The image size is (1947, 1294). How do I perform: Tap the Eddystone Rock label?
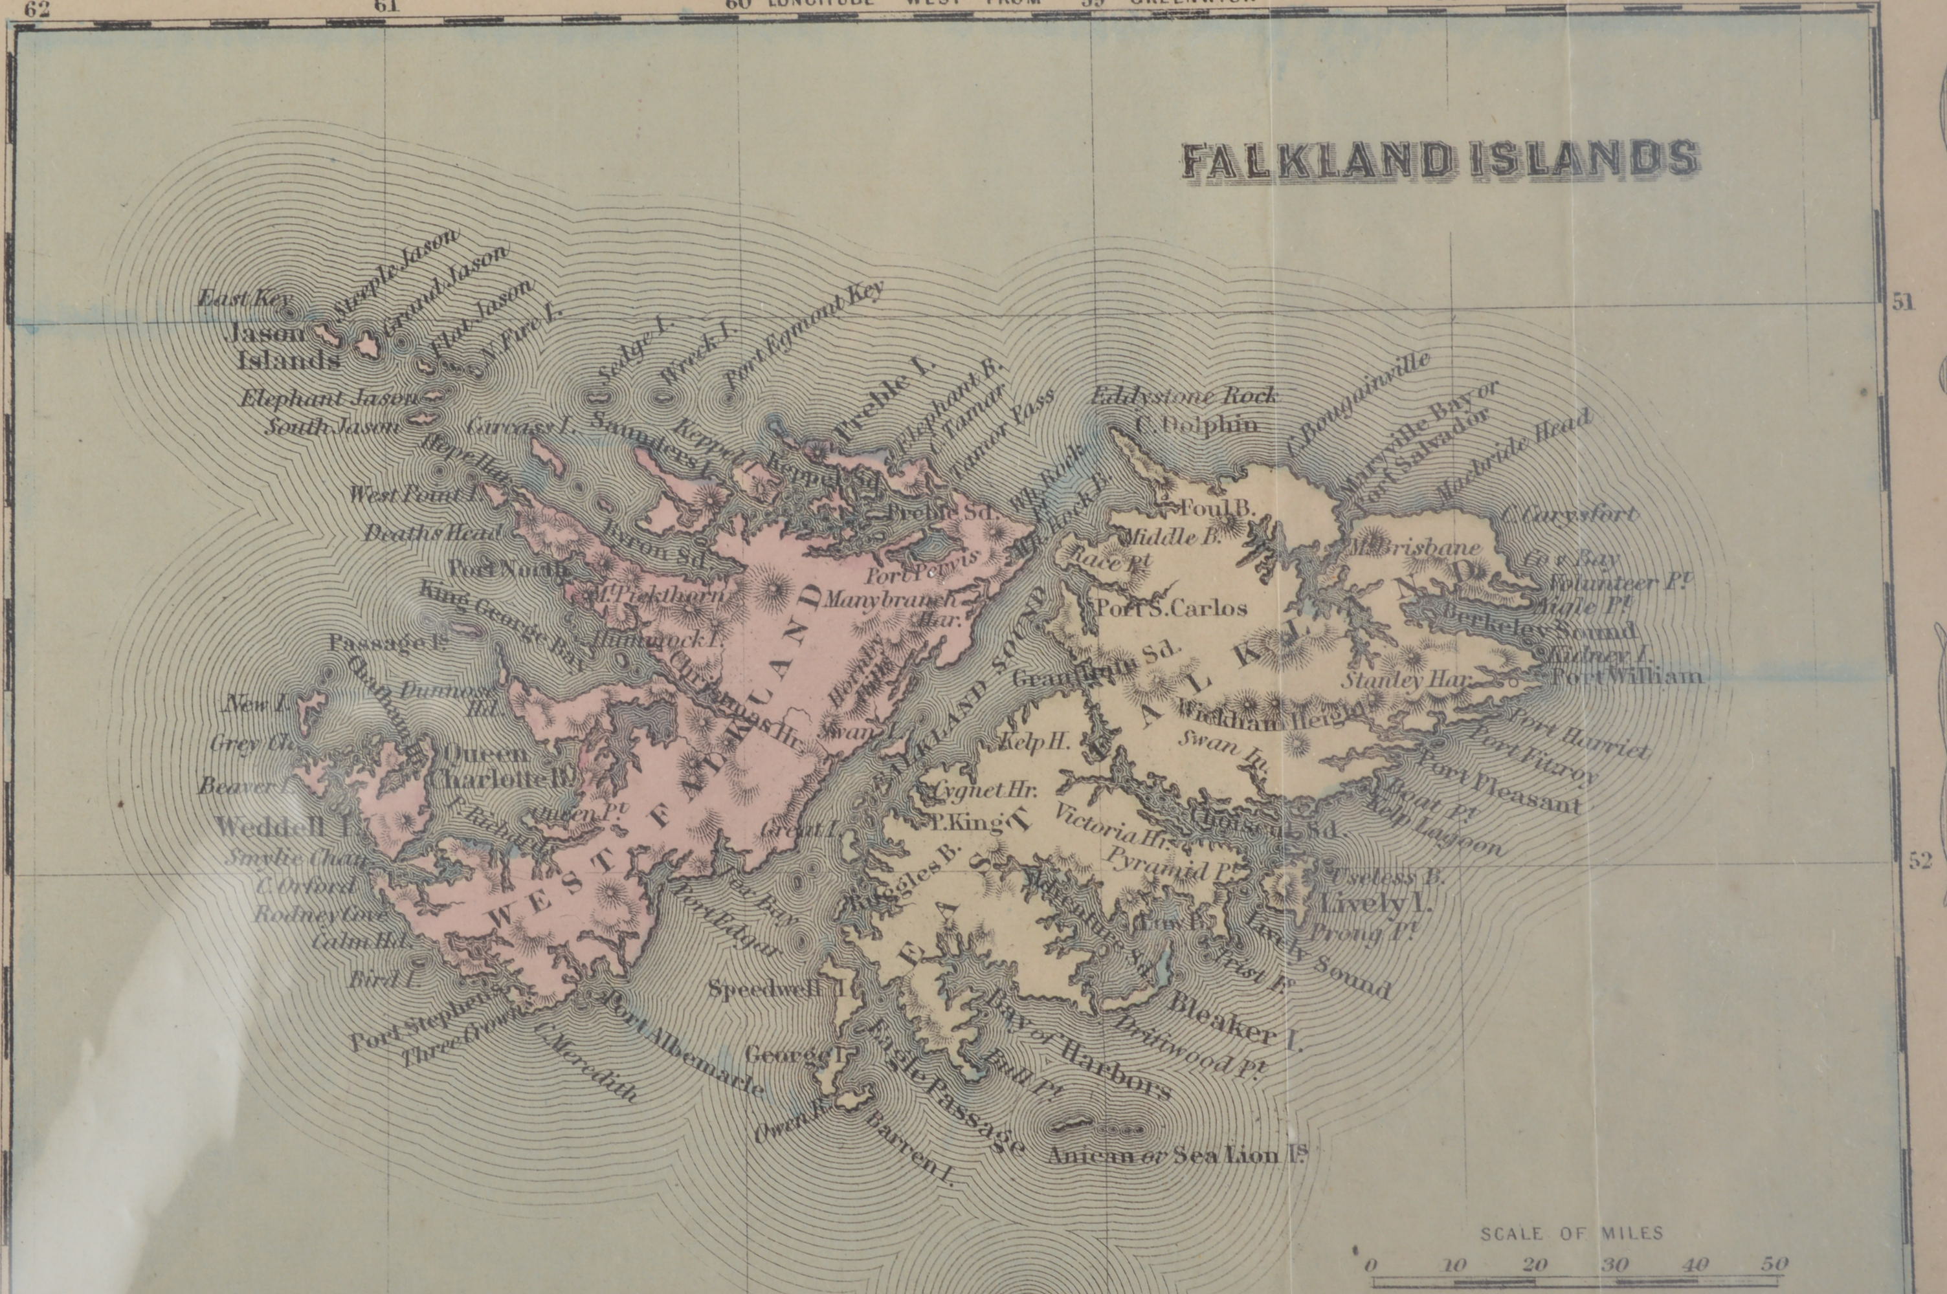click(1185, 396)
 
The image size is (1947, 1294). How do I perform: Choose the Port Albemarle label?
click(685, 1044)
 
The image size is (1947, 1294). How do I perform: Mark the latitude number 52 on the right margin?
click(1920, 861)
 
